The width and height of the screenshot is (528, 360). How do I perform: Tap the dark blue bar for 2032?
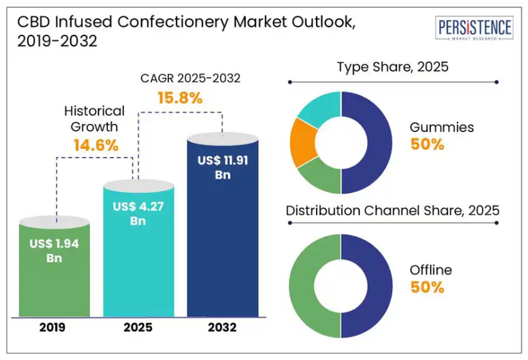(x=223, y=249)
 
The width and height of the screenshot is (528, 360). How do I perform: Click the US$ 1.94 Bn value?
(x=54, y=250)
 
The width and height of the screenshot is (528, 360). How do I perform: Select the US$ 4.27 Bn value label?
(x=138, y=213)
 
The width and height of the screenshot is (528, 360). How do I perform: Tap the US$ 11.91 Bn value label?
(x=223, y=168)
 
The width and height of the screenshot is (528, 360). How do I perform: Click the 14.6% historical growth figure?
(x=94, y=145)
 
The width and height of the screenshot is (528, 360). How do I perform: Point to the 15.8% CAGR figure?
(x=180, y=98)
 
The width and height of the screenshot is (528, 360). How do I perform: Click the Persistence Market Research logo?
(x=475, y=29)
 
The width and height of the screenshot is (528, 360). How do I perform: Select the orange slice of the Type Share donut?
(x=304, y=142)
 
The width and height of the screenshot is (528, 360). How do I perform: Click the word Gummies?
(x=441, y=127)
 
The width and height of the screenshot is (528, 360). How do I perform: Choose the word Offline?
(x=430, y=270)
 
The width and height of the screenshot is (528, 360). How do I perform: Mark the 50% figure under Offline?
(x=427, y=287)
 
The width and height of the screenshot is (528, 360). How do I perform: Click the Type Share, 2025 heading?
(x=393, y=67)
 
